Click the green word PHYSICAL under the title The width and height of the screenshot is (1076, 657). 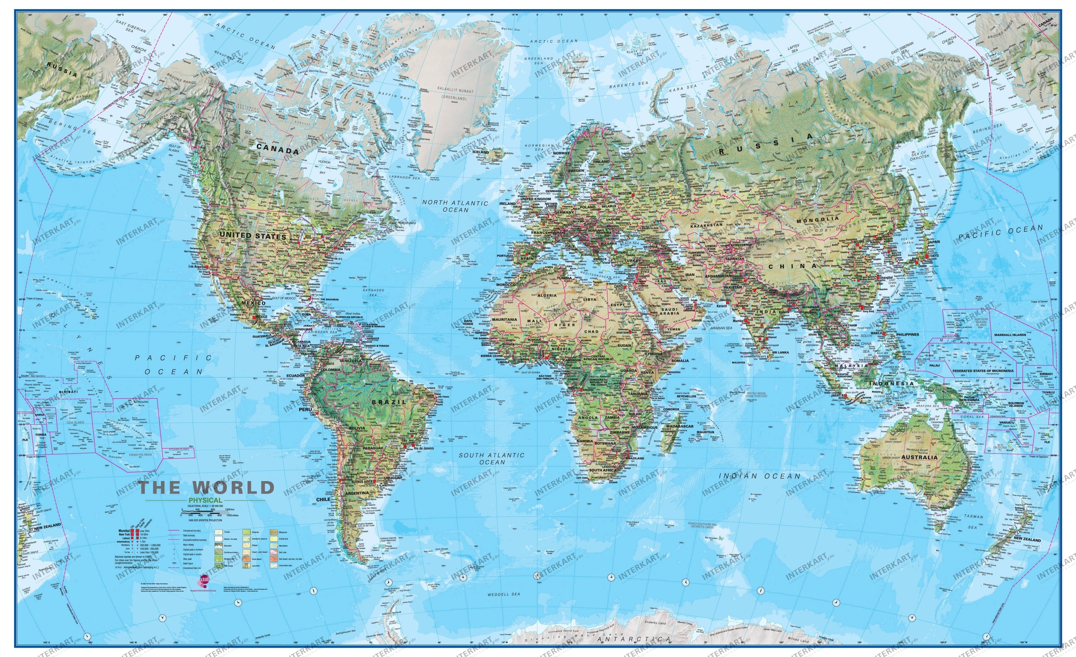[206, 500]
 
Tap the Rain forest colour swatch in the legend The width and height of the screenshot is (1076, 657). [219, 566]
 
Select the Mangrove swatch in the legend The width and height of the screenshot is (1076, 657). [274, 532]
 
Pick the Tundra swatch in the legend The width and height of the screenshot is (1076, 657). [219, 532]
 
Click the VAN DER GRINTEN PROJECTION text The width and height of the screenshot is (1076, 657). [206, 520]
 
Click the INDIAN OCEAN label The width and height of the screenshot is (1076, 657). [760, 476]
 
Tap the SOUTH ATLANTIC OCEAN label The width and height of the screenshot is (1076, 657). [491, 458]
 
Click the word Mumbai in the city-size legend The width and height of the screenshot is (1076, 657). [124, 531]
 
